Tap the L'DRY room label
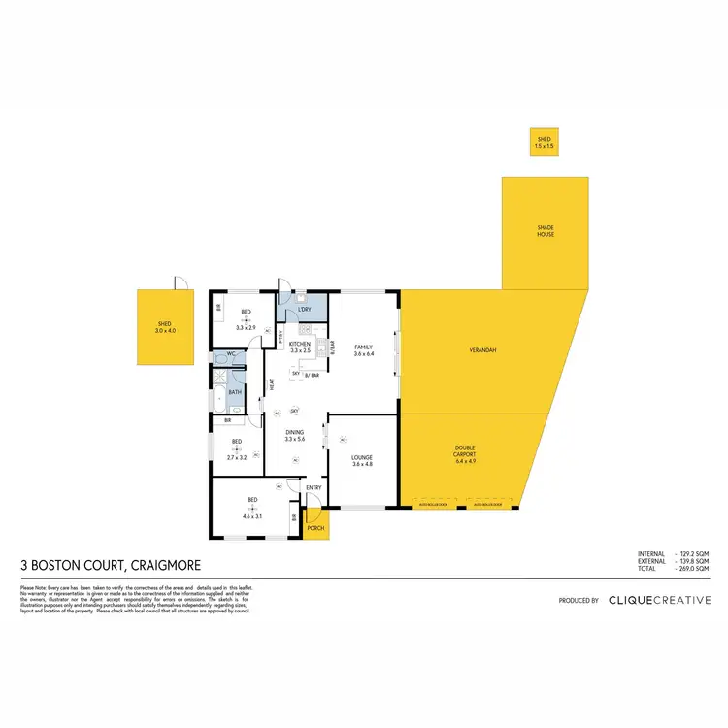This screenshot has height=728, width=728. click(304, 310)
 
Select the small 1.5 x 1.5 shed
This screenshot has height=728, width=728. click(544, 143)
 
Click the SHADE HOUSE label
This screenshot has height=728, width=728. click(546, 231)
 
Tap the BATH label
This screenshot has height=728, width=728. click(235, 392)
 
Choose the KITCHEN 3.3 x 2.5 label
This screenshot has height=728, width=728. click(299, 347)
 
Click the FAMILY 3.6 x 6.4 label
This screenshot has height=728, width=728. click(363, 349)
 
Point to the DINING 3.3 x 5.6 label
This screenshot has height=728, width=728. click(295, 437)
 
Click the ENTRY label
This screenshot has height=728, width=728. click(313, 488)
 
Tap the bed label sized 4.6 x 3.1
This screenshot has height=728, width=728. click(252, 504)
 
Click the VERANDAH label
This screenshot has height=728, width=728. click(482, 349)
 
